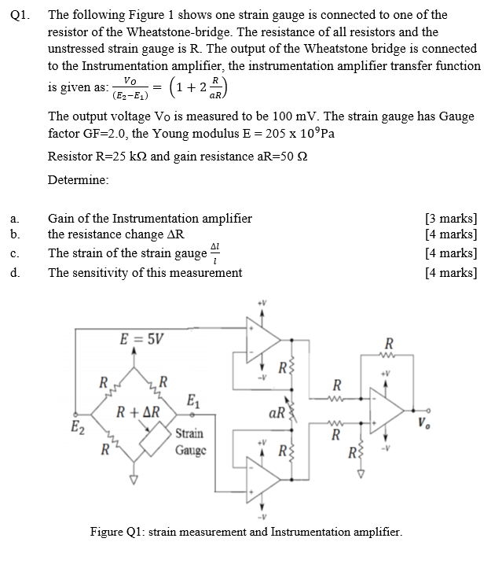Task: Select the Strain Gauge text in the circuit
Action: click(x=189, y=441)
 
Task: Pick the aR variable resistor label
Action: click(x=277, y=411)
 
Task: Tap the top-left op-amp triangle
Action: click(x=262, y=337)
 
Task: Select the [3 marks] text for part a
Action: click(x=450, y=218)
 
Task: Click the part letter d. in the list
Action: click(x=16, y=273)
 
